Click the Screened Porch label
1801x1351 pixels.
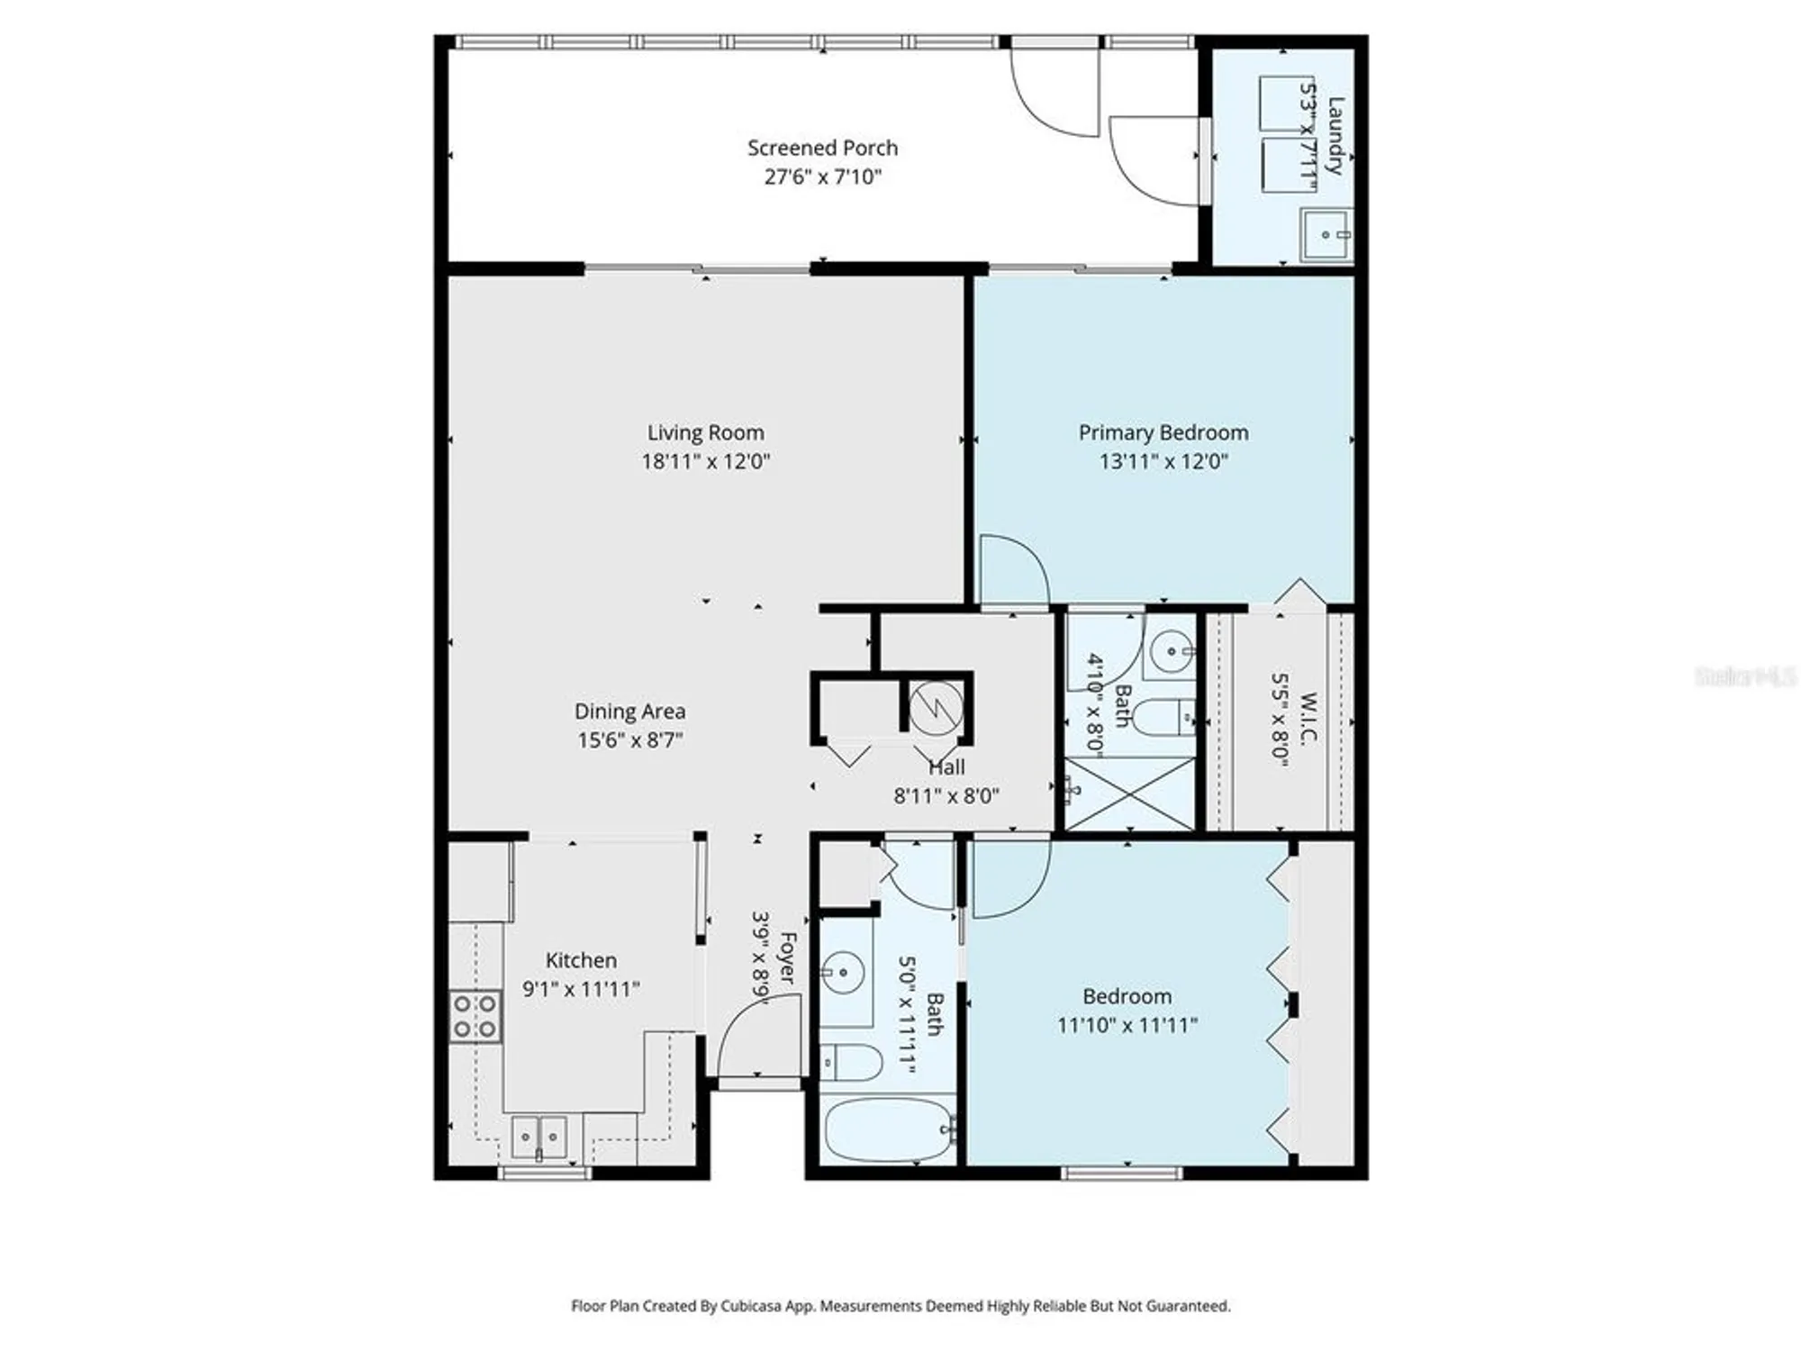click(822, 148)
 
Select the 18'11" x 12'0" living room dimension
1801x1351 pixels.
click(705, 462)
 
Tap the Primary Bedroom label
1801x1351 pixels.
click(1163, 432)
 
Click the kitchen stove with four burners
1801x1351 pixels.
click(475, 1016)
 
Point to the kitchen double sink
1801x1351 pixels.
click(538, 1137)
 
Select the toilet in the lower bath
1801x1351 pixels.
click(852, 1062)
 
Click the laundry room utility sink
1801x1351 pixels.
click(1326, 234)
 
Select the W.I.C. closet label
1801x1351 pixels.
click(1308, 718)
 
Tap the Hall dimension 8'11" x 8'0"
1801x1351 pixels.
click(946, 796)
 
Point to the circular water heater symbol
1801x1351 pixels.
click(936, 707)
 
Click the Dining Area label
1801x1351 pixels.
click(629, 712)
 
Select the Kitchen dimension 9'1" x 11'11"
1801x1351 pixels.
click(581, 989)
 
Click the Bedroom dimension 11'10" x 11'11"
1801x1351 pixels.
click(1127, 1025)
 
